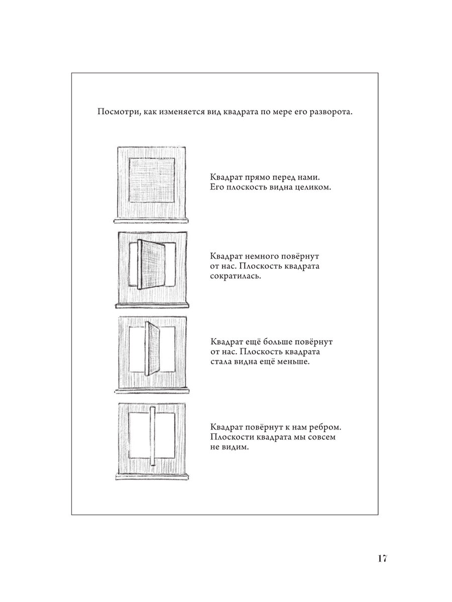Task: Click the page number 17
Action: pos(380,559)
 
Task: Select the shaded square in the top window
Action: pos(152,181)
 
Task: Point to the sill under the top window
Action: pos(152,220)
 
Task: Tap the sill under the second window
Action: pos(152,305)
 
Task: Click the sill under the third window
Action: pos(152,390)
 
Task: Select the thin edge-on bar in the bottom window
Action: pos(152,436)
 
